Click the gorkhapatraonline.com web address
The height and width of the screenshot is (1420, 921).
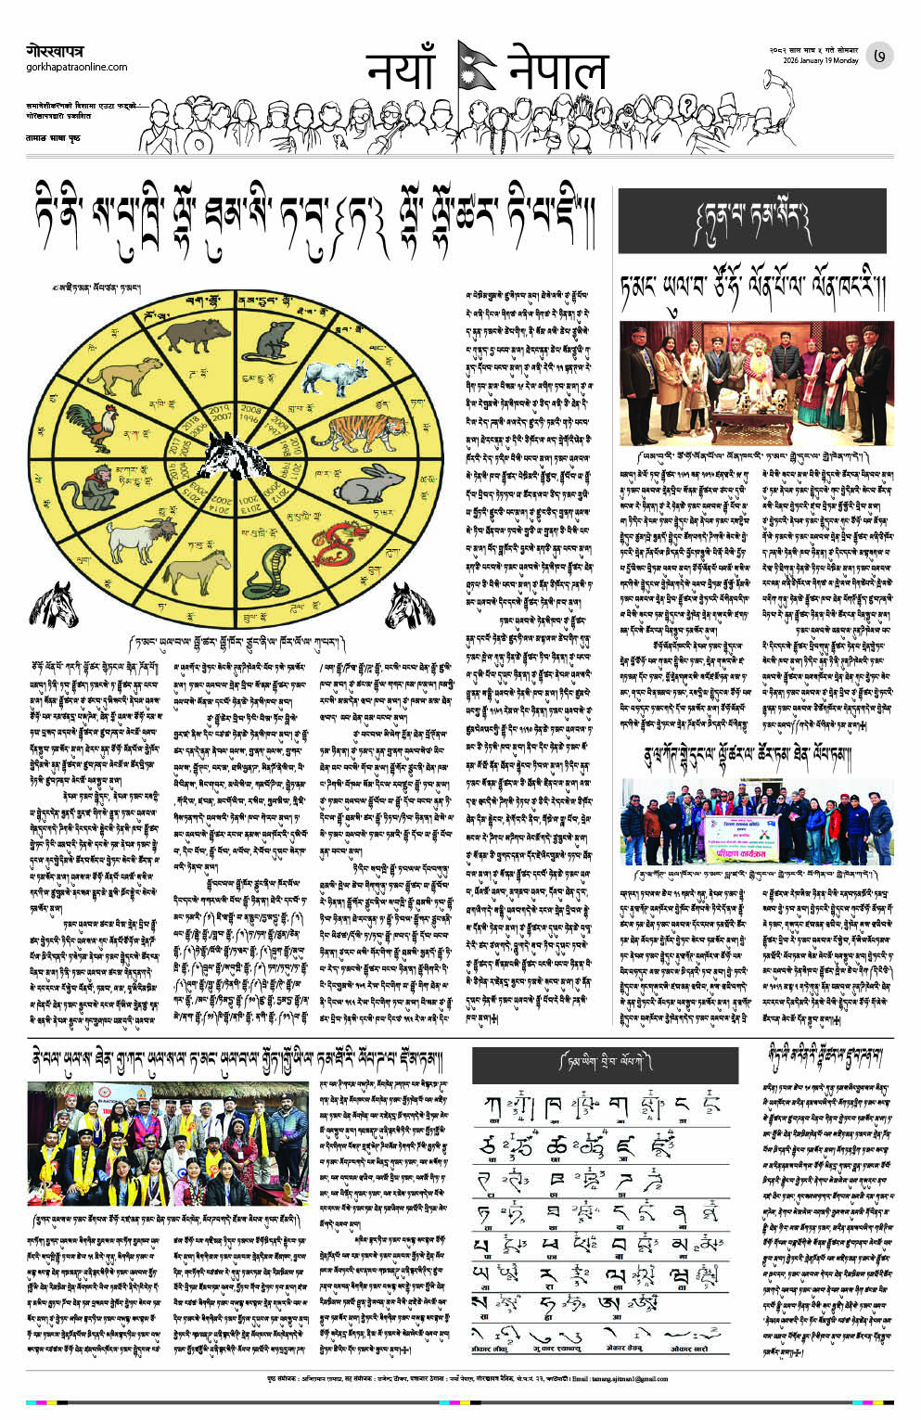77,67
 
